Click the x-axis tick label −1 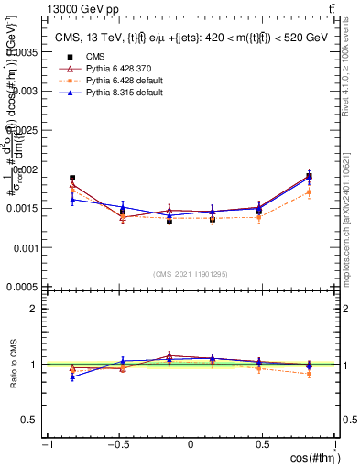coord(47,444)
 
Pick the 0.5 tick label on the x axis coord(264,444)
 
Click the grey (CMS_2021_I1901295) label coord(191,274)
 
